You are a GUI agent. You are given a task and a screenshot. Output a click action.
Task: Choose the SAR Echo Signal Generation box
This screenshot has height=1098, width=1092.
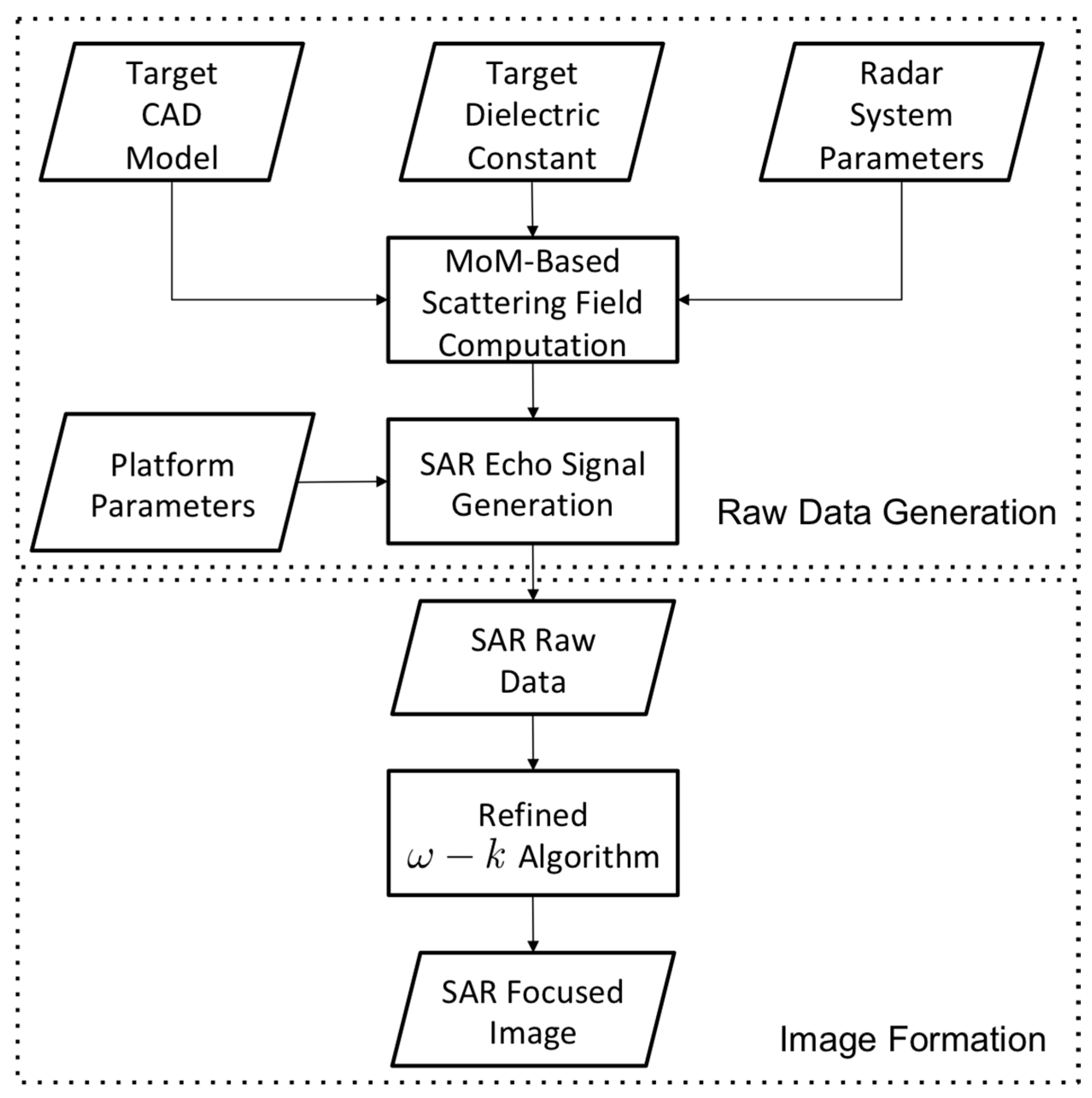(x=532, y=482)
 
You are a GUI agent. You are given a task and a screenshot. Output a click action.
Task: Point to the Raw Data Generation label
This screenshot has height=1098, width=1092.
(x=886, y=512)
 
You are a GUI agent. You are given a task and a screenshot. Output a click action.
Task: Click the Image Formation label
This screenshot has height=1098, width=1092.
(x=912, y=1039)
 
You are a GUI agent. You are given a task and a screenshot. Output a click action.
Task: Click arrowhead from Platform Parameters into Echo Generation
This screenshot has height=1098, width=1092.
(x=382, y=482)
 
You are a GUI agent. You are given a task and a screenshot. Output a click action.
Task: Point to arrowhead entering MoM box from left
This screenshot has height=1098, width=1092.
(x=382, y=299)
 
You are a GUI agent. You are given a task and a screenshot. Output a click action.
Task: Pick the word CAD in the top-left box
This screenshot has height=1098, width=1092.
(x=172, y=115)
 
